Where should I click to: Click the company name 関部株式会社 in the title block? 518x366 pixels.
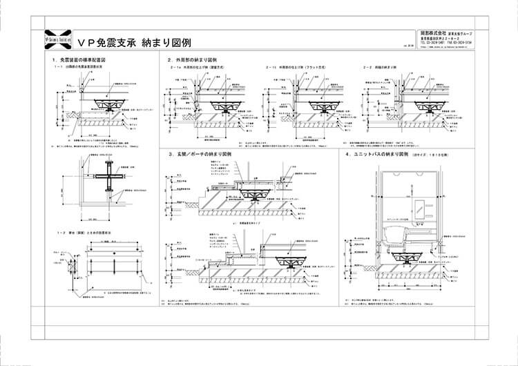(434, 32)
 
